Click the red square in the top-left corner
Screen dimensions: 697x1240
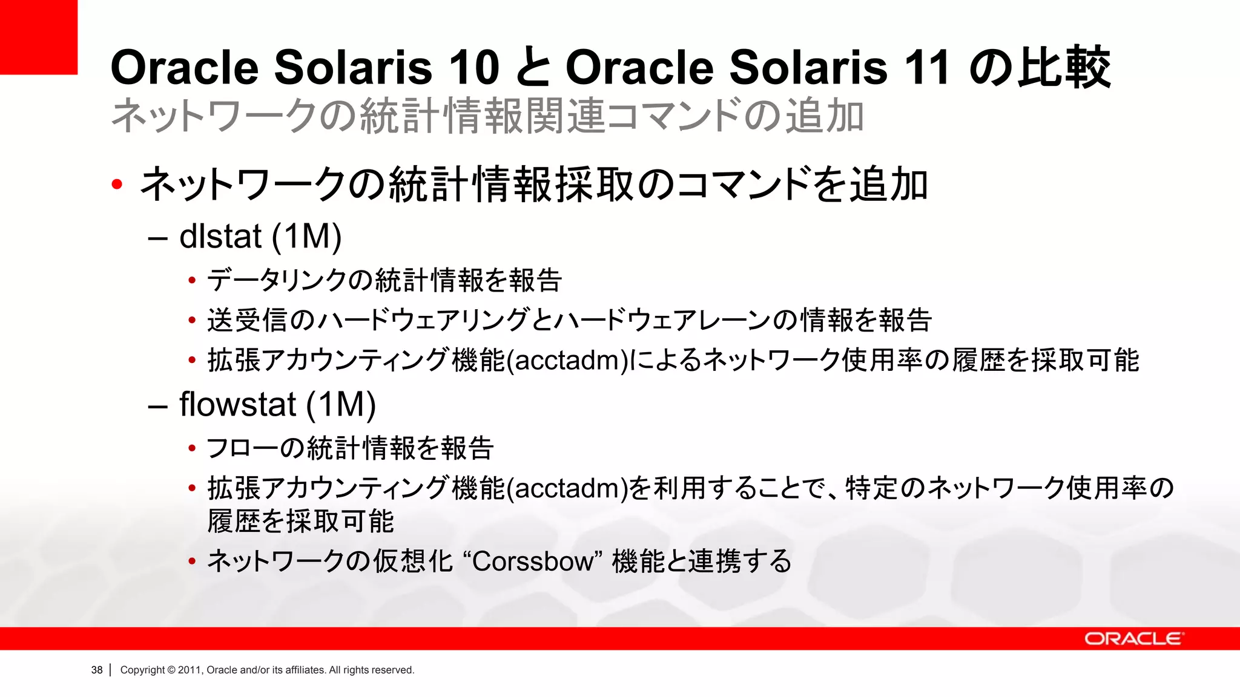38,36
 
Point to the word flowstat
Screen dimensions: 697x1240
237,404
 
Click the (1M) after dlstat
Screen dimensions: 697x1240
306,237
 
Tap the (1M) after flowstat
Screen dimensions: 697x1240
341,405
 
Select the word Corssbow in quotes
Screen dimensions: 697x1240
533,561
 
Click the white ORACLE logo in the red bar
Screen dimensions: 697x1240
1133,639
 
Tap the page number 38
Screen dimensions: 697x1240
97,670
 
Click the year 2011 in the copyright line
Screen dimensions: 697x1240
190,670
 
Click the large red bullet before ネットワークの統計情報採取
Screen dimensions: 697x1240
117,185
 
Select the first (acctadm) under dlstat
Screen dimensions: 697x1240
567,361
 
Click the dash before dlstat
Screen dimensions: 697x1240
157,238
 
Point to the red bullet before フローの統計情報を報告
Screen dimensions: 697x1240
192,448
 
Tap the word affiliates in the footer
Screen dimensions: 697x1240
305,670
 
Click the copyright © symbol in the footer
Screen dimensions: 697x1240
171,670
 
